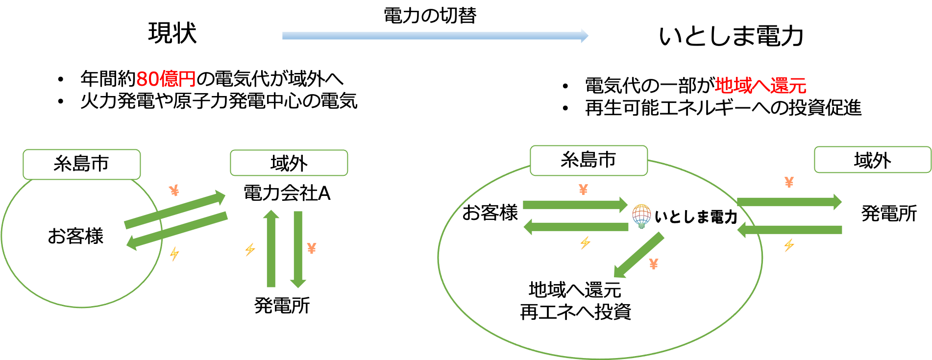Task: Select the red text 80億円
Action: point(166,79)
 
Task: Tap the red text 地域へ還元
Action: point(760,86)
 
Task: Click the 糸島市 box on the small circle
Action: point(82,164)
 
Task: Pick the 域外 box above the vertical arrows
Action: point(289,163)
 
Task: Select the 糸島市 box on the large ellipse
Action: point(589,160)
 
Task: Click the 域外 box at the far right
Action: point(872,160)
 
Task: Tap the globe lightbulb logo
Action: point(641,216)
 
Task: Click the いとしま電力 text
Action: point(696,216)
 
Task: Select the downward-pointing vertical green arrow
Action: point(298,249)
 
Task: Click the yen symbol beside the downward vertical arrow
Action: point(312,248)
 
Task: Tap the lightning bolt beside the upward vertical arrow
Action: point(250,250)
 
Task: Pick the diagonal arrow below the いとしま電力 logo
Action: point(639,255)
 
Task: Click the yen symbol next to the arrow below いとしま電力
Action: point(654,264)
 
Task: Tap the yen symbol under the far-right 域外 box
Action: point(789,182)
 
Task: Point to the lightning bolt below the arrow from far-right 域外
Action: point(789,245)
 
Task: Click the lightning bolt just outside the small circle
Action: point(174,254)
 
